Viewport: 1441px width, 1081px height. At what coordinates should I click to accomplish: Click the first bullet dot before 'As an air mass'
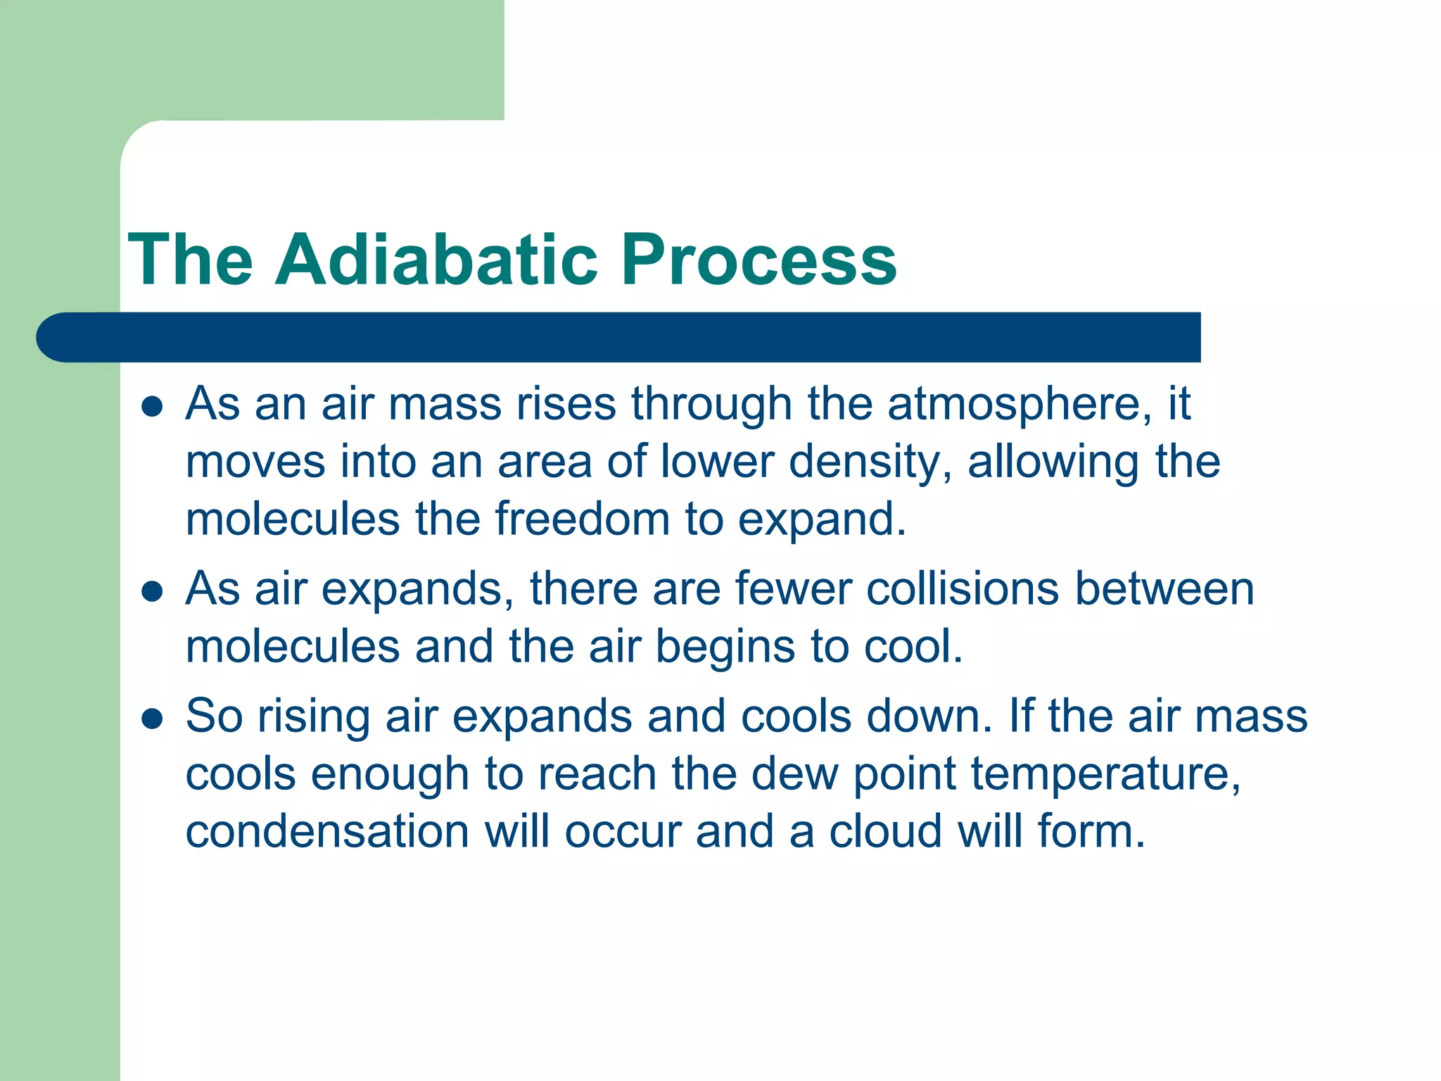pos(152,407)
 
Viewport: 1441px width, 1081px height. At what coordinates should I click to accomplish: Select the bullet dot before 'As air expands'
pos(152,591)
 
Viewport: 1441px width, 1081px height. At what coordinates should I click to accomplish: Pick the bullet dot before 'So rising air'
pos(152,719)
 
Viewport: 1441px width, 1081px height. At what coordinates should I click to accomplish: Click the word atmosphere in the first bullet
pos(1020,405)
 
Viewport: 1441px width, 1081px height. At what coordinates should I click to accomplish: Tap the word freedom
pos(581,519)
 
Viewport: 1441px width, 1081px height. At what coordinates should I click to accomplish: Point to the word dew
pos(794,774)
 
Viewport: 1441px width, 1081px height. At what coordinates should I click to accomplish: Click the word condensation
pos(327,832)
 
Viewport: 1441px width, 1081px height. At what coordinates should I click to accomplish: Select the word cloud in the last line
pos(885,832)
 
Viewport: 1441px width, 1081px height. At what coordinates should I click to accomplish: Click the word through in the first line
pos(711,405)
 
